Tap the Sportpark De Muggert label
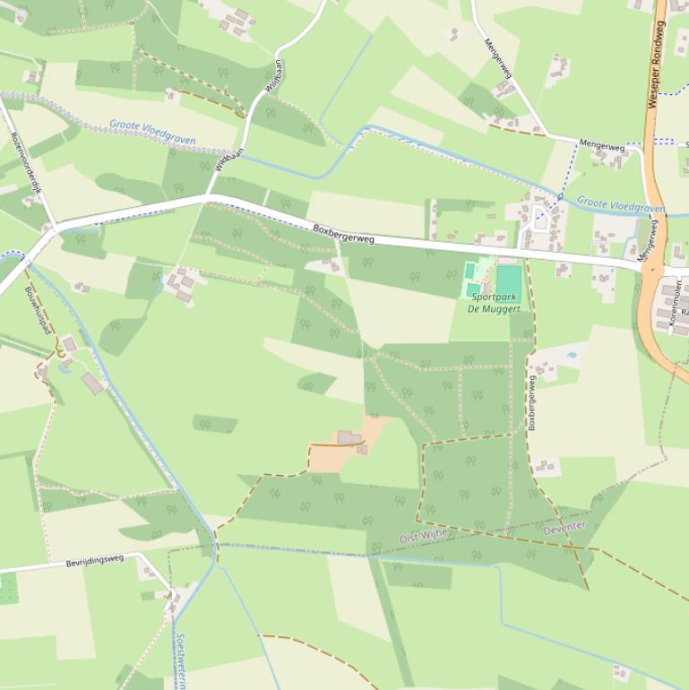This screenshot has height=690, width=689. click(x=493, y=302)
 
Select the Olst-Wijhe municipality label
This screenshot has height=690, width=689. click(x=423, y=537)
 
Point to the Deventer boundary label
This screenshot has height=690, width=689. click(x=564, y=528)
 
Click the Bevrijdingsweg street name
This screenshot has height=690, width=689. click(x=94, y=562)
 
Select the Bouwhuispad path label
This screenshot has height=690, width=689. click(x=39, y=310)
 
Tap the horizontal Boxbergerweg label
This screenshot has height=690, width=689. click(x=343, y=235)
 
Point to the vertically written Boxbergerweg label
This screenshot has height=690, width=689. click(x=532, y=402)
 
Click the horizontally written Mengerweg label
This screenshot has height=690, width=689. click(x=600, y=143)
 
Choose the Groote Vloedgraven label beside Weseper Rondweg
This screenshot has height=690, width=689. click(x=621, y=205)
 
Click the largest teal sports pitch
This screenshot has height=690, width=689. click(x=507, y=280)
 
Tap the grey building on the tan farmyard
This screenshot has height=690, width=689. click(x=349, y=437)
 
